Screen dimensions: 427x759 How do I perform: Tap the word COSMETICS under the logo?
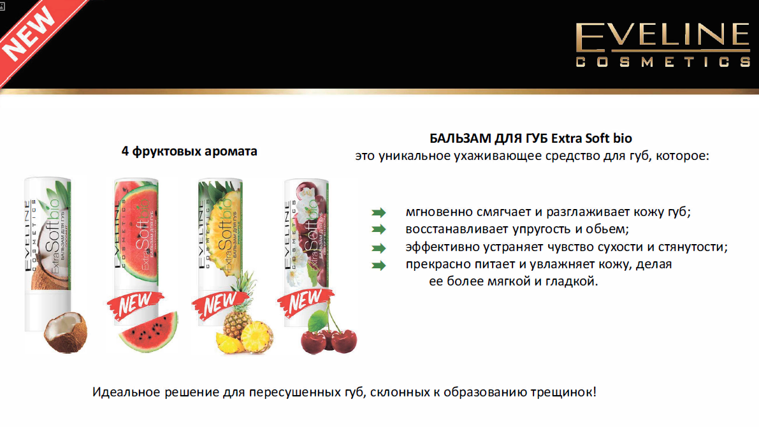tap(663, 62)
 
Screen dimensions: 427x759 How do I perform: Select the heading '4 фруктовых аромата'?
tap(189, 152)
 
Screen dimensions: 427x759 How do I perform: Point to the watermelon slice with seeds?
tap(148, 334)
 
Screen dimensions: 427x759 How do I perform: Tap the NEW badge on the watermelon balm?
tap(133, 304)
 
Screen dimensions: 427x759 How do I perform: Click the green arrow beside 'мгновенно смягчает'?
tap(379, 212)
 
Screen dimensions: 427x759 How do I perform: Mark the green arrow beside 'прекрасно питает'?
tap(379, 265)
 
